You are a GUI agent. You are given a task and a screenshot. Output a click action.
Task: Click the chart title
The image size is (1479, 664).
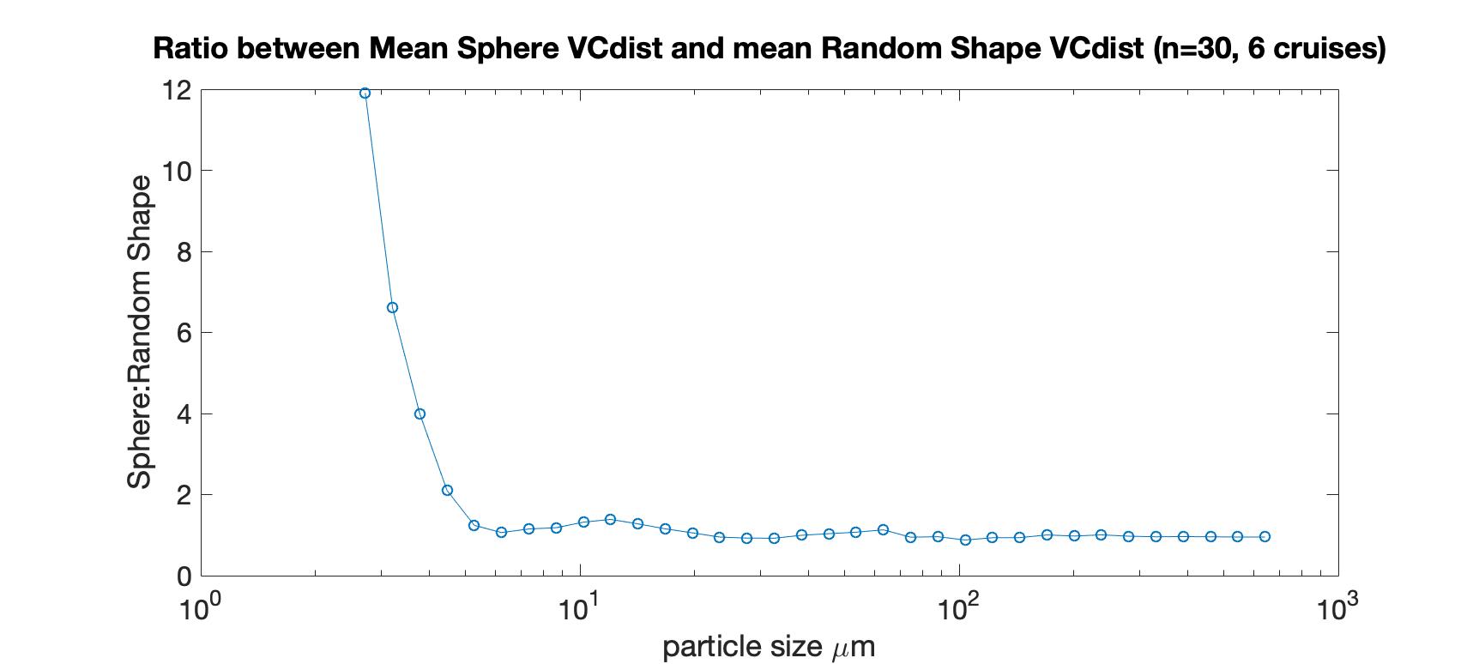(x=769, y=49)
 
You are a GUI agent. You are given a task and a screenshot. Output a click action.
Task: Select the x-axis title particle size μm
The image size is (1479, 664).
(x=769, y=646)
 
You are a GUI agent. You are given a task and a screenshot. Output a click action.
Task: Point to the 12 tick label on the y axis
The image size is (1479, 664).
(x=176, y=90)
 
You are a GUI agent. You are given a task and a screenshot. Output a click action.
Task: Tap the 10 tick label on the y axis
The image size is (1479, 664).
(x=176, y=171)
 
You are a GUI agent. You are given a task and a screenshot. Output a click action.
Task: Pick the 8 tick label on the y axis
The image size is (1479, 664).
(x=183, y=251)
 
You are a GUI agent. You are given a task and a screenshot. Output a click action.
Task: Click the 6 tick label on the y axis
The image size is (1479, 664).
(x=183, y=333)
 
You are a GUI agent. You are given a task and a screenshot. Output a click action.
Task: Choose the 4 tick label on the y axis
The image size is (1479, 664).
(x=183, y=413)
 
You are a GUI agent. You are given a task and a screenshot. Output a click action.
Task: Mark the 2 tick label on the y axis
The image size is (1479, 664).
(x=183, y=495)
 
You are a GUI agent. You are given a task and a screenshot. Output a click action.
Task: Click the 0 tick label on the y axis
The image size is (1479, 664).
(x=183, y=576)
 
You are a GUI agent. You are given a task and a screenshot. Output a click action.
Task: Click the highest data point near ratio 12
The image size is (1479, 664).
(x=365, y=93)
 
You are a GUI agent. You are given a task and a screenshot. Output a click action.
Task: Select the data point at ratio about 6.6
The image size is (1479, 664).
(x=392, y=307)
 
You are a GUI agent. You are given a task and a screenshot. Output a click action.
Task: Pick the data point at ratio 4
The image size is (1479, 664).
(x=420, y=413)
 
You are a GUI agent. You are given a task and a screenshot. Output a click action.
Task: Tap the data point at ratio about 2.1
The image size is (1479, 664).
(x=447, y=491)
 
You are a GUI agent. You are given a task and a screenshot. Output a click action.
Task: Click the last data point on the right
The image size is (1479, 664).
(x=1265, y=536)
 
